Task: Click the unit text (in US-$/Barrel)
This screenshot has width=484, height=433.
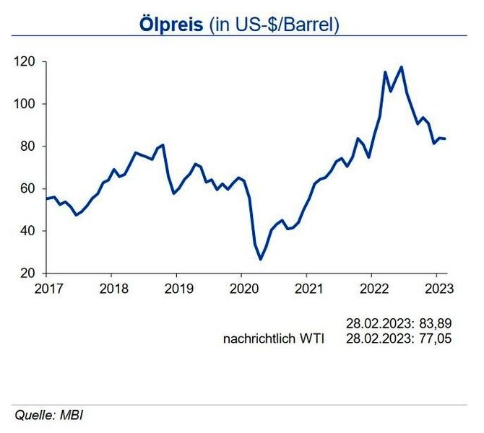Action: pos(274,24)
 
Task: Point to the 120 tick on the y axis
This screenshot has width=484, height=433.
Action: pos(27,62)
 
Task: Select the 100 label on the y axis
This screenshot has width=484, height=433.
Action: pos(27,104)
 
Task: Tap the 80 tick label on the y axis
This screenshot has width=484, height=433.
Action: pos(30,146)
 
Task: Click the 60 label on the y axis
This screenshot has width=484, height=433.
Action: pos(30,188)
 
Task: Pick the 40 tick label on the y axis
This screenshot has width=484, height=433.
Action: pos(30,231)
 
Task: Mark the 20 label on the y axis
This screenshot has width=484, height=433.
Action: pos(30,273)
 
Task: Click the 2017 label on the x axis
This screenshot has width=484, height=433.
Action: pos(47,287)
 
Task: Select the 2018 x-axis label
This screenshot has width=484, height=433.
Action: pos(111,287)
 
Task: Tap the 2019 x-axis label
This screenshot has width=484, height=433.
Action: pos(176,287)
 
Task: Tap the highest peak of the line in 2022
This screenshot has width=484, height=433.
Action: pos(401,67)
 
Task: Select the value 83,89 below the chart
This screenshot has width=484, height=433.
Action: pos(436,323)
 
